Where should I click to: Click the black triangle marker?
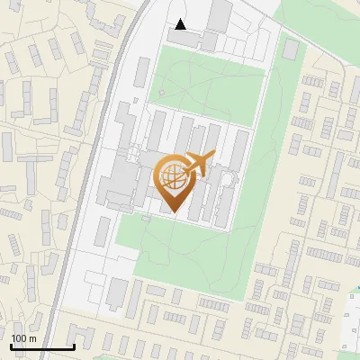181,24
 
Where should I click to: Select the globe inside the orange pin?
172,176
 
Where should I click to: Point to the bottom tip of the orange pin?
173,212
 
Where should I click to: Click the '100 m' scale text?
23,338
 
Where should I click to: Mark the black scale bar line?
41,346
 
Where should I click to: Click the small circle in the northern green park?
161,92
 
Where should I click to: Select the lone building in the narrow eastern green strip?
290,49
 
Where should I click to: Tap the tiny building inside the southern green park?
147,217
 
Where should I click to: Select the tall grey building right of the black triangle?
220,15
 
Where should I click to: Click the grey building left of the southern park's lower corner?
118,291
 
